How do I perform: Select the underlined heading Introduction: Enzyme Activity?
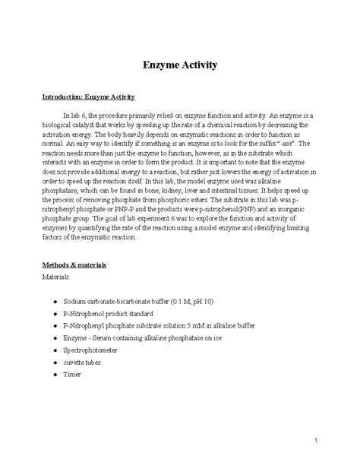[88, 97]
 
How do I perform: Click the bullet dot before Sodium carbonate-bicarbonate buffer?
[56, 303]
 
